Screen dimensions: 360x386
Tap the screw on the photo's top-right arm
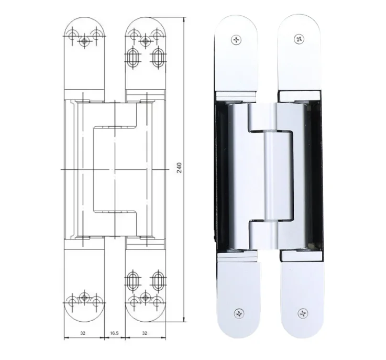[300, 38]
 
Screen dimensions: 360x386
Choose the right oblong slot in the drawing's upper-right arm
[157, 56]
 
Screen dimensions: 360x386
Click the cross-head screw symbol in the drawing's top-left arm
[84, 40]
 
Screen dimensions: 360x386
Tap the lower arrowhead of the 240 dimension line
[184, 320]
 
